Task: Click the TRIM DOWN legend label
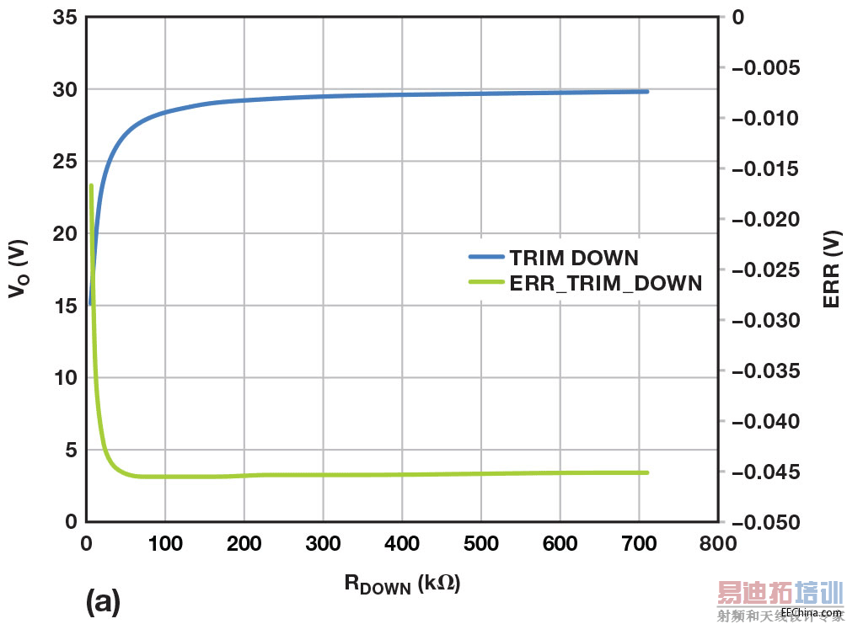click(x=574, y=258)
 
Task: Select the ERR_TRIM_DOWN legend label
click(x=605, y=283)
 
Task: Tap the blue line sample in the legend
click(x=486, y=258)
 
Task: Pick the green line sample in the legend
click(x=486, y=283)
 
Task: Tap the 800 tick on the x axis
click(x=717, y=544)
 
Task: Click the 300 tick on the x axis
click(x=323, y=544)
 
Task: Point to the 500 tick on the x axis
click(x=480, y=544)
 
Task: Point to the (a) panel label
click(x=104, y=601)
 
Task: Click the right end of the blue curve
click(x=646, y=91)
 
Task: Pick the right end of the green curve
click(x=646, y=472)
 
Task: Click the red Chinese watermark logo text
click(x=779, y=595)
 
